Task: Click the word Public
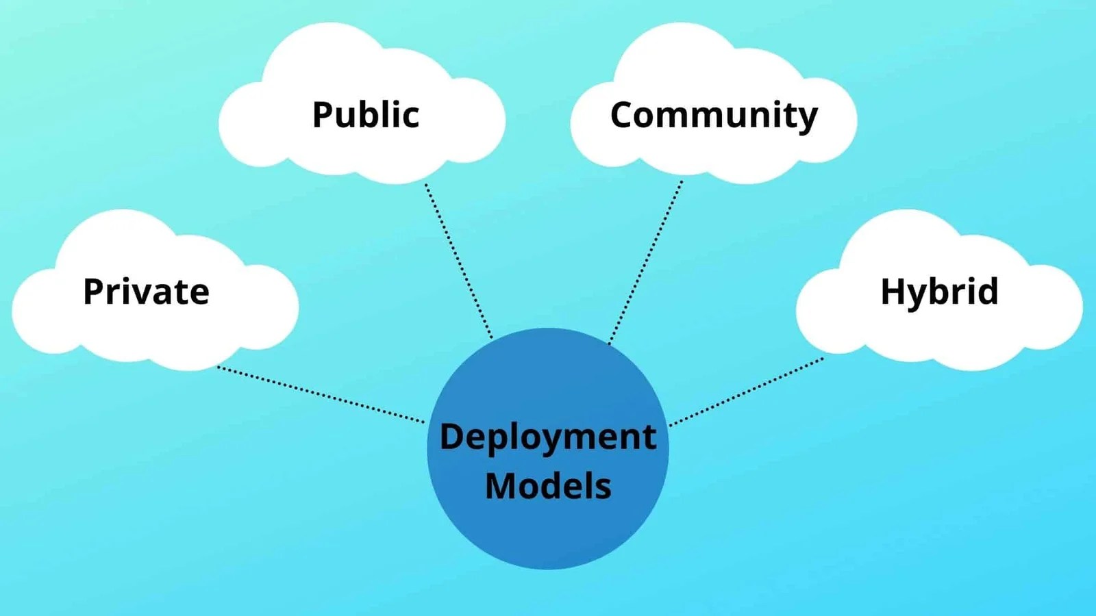(366, 114)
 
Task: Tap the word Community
(714, 115)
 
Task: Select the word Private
(146, 292)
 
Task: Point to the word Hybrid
(939, 292)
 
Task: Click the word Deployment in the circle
(547, 437)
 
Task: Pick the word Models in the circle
(548, 486)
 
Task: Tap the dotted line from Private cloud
(321, 394)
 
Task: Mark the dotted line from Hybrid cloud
(747, 391)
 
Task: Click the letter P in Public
(323, 114)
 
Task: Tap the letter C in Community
(624, 114)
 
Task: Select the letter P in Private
(95, 292)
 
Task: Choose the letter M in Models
(500, 486)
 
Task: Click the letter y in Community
(808, 119)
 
